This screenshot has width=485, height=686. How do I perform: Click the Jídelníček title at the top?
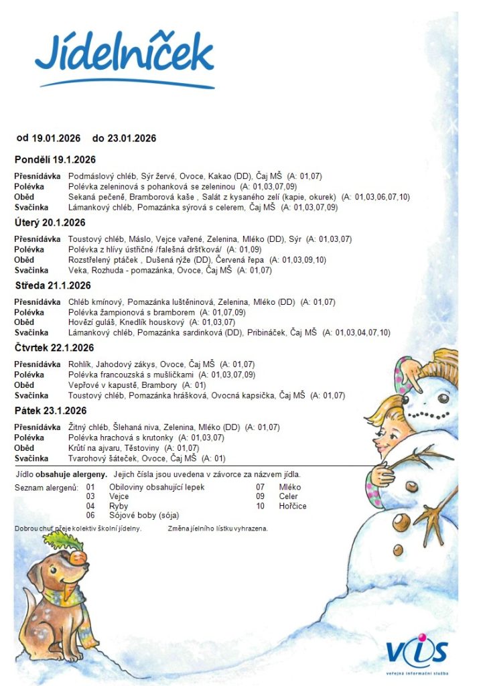pos(125,54)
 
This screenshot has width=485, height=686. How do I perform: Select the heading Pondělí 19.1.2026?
pos(55,159)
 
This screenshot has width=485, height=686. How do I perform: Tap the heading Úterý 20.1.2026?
pos(50,222)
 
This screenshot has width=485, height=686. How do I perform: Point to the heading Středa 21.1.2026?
pos(53,285)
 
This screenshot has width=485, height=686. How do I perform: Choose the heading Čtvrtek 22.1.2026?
pos(54,348)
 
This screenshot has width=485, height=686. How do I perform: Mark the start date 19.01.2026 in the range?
pos(56,138)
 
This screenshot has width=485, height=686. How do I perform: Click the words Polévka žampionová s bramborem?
pos(131,312)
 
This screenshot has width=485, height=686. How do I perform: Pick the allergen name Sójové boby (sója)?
pos(144,515)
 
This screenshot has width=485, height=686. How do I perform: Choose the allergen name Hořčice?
pos(293,506)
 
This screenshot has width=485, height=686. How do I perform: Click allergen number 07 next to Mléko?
pos(261,487)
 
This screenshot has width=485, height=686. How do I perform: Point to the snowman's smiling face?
pos(435,400)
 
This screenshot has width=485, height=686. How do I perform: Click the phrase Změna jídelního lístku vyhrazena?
pos(218,529)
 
